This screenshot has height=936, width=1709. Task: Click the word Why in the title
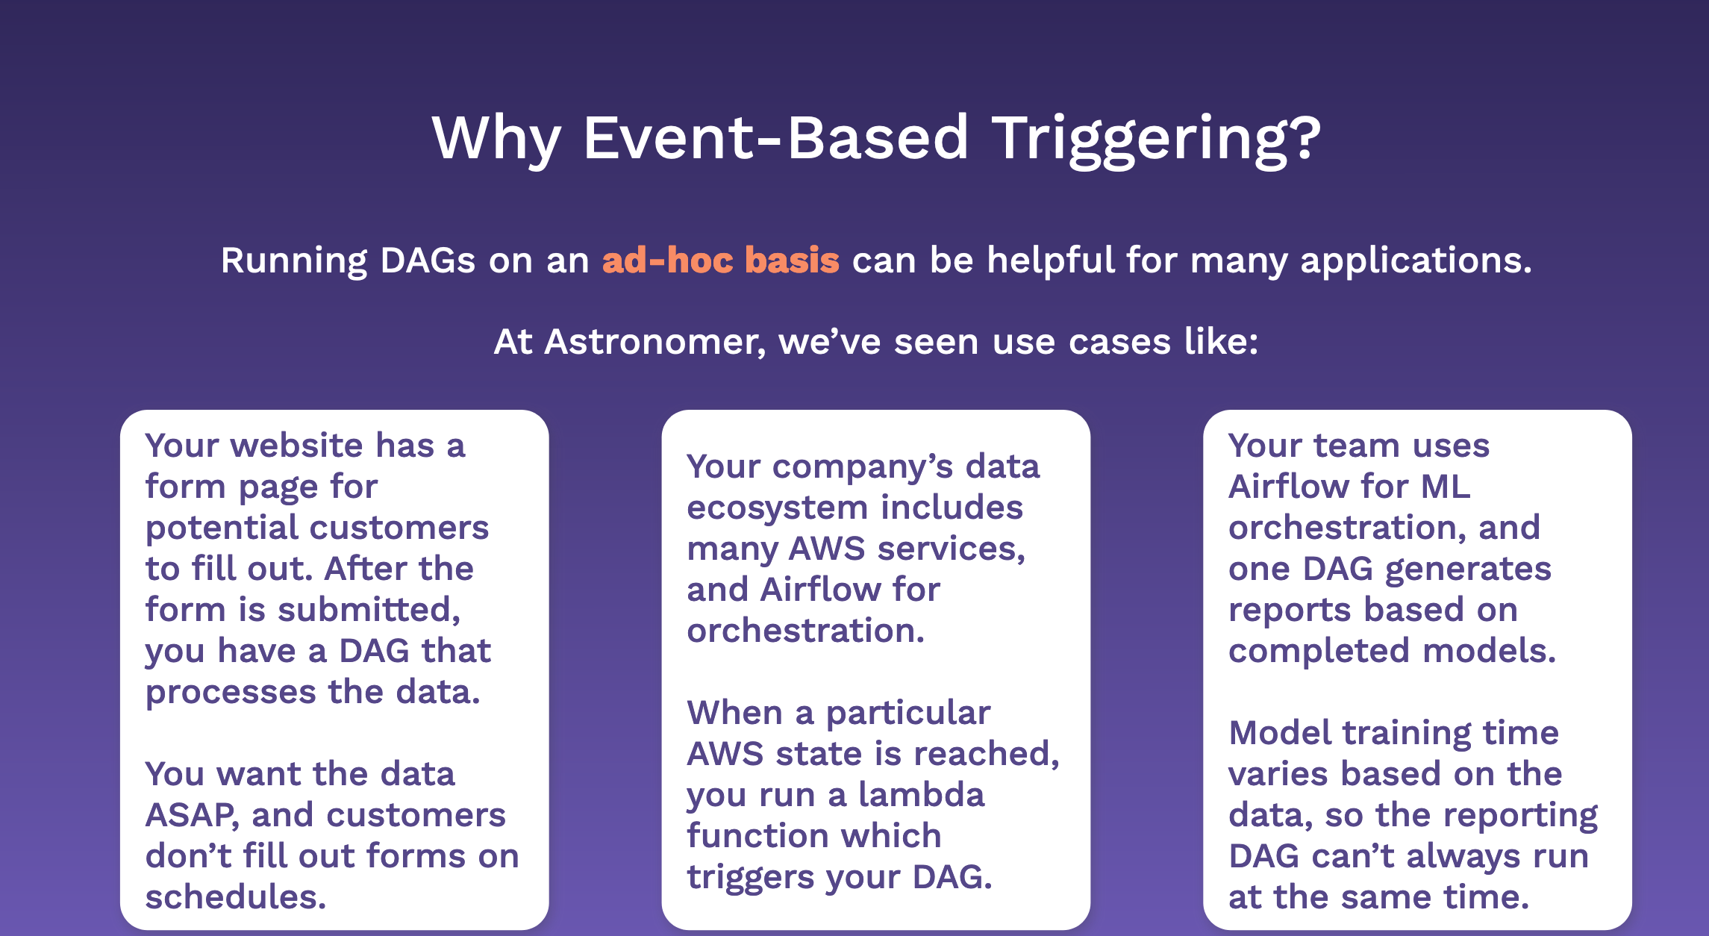(x=496, y=139)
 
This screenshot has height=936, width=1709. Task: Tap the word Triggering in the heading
(x=1157, y=139)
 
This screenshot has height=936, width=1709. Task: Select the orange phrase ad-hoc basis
(x=721, y=260)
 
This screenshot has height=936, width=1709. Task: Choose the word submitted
(x=369, y=611)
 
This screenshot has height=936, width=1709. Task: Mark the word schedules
(x=236, y=896)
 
